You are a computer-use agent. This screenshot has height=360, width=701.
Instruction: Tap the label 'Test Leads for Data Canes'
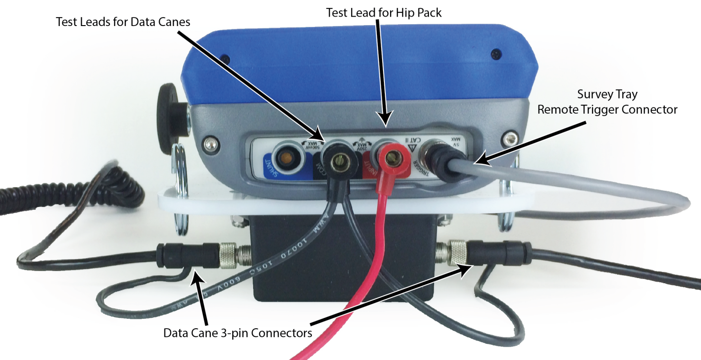[x=124, y=22]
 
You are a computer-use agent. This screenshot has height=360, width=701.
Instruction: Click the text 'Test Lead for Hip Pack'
[x=384, y=12]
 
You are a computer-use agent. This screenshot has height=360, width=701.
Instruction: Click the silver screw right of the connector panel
[x=510, y=138]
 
